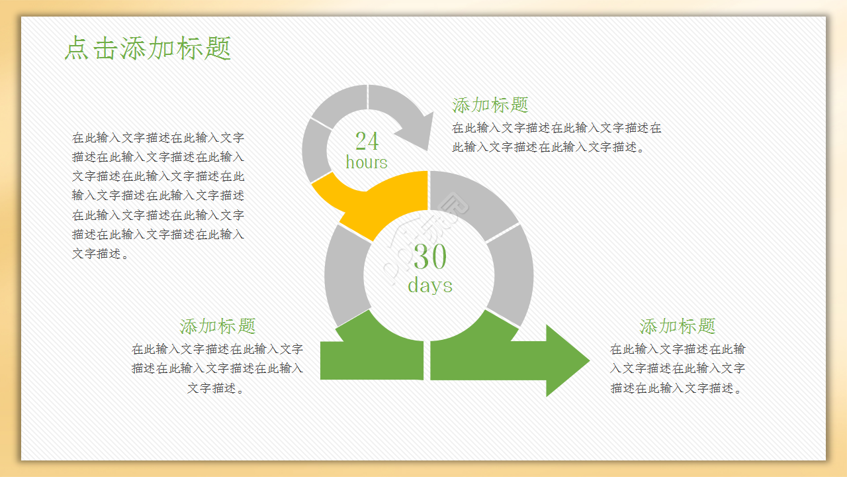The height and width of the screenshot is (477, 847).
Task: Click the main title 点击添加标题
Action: tap(148, 48)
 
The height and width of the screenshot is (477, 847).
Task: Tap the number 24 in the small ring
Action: tap(367, 141)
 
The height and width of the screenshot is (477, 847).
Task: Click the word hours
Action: tap(367, 162)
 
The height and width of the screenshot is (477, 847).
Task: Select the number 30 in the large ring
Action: tap(430, 256)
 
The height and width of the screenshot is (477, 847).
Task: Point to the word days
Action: tap(430, 286)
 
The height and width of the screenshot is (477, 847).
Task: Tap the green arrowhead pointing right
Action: tap(567, 360)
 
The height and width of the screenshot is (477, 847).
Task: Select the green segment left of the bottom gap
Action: tap(373, 348)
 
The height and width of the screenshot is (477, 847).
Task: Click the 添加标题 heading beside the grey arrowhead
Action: tap(490, 105)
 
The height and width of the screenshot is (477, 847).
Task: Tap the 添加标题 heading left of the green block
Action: tap(218, 326)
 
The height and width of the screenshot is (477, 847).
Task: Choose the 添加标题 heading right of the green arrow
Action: tap(677, 326)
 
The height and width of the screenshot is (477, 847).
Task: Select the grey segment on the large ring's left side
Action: tap(346, 275)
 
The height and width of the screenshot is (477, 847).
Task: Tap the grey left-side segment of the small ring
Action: tap(316, 150)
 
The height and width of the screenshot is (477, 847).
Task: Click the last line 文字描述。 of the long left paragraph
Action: tap(100, 254)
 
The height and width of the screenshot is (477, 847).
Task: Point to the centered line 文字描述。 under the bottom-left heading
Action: tap(216, 388)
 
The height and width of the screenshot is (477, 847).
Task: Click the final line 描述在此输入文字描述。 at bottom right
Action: tap(677, 388)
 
